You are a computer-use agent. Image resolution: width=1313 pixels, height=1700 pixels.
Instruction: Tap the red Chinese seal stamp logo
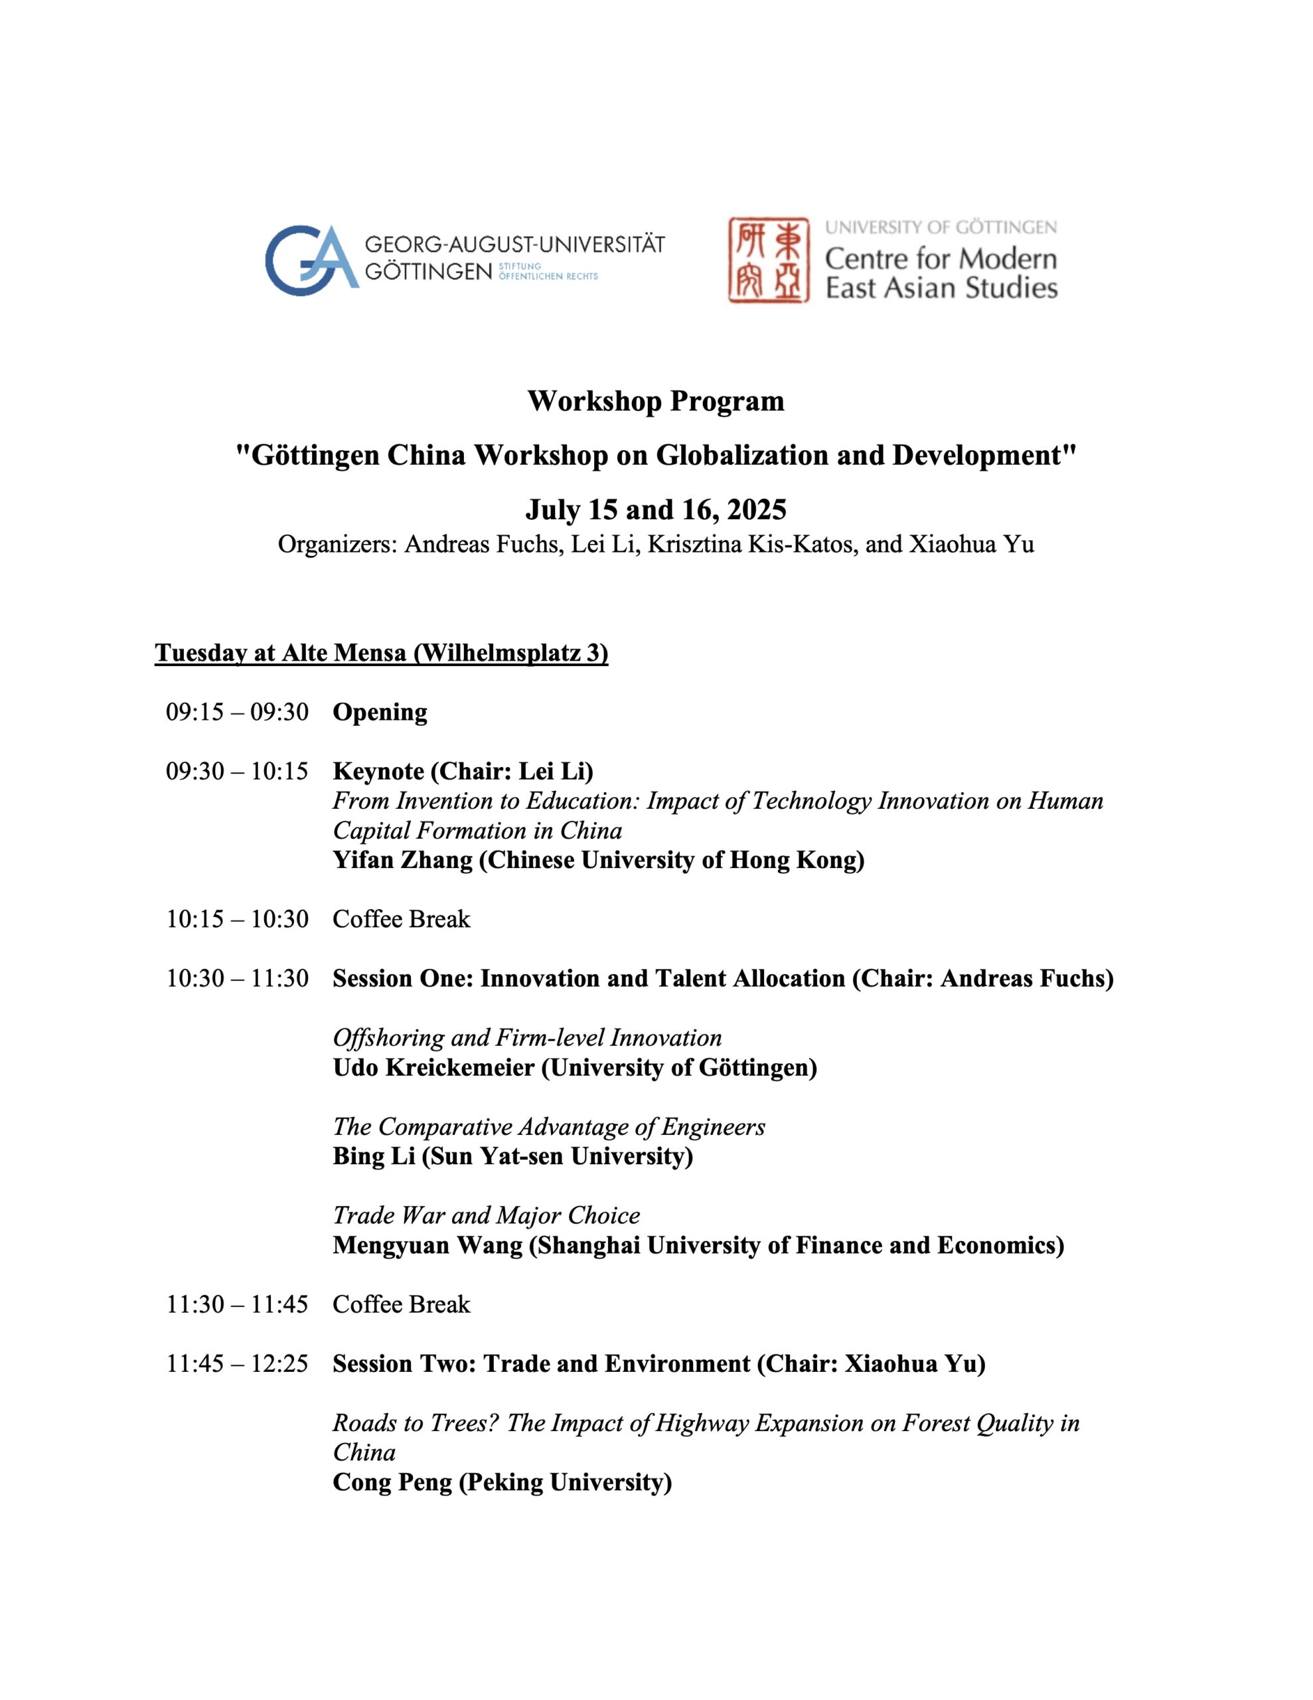tap(768, 260)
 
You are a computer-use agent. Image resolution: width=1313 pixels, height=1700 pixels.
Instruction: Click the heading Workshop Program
tap(655, 402)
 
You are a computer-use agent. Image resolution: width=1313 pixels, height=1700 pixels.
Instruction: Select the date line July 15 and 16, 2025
tap(655, 510)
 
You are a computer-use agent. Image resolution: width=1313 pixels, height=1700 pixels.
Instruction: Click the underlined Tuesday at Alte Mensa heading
tap(382, 653)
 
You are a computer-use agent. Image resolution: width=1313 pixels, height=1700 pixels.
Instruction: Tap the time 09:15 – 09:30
tap(238, 713)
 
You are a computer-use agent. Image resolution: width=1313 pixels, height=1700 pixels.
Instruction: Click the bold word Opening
tap(380, 713)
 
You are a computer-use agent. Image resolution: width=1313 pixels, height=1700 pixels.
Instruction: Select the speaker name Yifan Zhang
tap(402, 860)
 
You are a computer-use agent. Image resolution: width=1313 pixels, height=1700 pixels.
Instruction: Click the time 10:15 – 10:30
tap(238, 919)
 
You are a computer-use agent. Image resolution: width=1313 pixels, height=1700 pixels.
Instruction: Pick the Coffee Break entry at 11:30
tap(401, 1305)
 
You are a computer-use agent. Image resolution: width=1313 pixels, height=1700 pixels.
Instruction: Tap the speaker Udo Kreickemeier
tap(433, 1067)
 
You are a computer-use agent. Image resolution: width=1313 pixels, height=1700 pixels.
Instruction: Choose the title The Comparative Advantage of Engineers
tap(549, 1126)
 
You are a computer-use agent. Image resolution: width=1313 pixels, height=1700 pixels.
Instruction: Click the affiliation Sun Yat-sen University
tap(556, 1156)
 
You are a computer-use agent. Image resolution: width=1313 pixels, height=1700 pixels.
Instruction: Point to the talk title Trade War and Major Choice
tap(487, 1215)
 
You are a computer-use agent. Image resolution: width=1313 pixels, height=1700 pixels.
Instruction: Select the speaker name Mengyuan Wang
tap(427, 1245)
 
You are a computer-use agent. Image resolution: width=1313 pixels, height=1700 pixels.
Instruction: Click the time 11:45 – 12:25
tap(238, 1364)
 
